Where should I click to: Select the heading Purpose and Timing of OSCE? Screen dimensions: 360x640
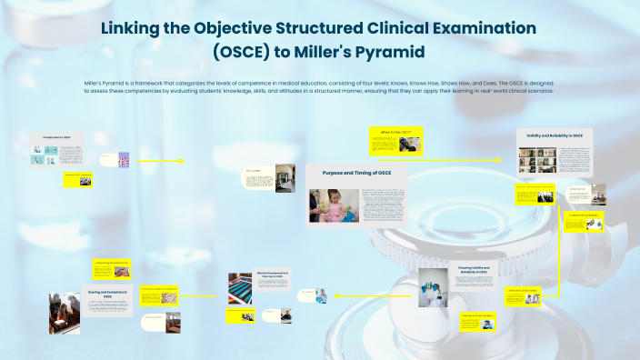pos(356,172)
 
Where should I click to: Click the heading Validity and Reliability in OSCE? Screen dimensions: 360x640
pos(554,135)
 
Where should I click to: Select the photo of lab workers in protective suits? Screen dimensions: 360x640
pos(433,292)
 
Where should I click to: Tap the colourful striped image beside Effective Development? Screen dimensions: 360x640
pos(239,286)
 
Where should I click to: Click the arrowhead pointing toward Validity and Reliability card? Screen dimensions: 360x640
pos(498,159)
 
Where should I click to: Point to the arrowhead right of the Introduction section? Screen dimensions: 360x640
pos(181,161)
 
